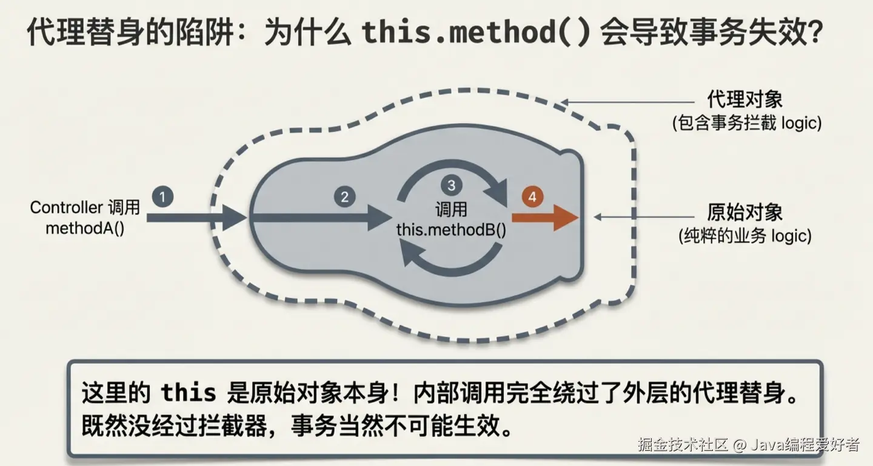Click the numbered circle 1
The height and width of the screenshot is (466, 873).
point(163,197)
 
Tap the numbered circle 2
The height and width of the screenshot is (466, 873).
point(344,197)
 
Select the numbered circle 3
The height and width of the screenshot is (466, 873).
point(450,184)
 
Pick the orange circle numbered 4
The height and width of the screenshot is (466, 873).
point(532,198)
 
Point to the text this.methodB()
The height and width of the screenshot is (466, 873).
point(451,230)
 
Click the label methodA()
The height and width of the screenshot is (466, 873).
point(85,229)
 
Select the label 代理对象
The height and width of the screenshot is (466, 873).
point(745,100)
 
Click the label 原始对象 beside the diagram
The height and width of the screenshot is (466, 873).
point(745,213)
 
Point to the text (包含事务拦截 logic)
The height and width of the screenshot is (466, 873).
point(746,123)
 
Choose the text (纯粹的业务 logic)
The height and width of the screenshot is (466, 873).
point(745,236)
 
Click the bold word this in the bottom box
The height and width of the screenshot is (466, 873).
point(189,393)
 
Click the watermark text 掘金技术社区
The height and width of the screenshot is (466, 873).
point(682,445)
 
